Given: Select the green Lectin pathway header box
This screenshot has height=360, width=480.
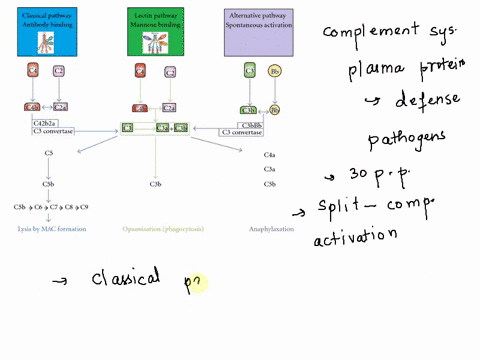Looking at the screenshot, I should click(156, 29).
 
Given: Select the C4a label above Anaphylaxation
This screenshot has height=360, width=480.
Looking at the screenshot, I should click(269, 155).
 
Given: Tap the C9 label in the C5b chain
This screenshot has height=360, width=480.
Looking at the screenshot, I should click(85, 206).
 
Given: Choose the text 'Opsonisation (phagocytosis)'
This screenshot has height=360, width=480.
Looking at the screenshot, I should click(163, 229).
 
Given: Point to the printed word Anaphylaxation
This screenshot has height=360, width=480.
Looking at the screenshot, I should click(271, 229).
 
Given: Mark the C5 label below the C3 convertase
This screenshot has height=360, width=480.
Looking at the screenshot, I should click(49, 152).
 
